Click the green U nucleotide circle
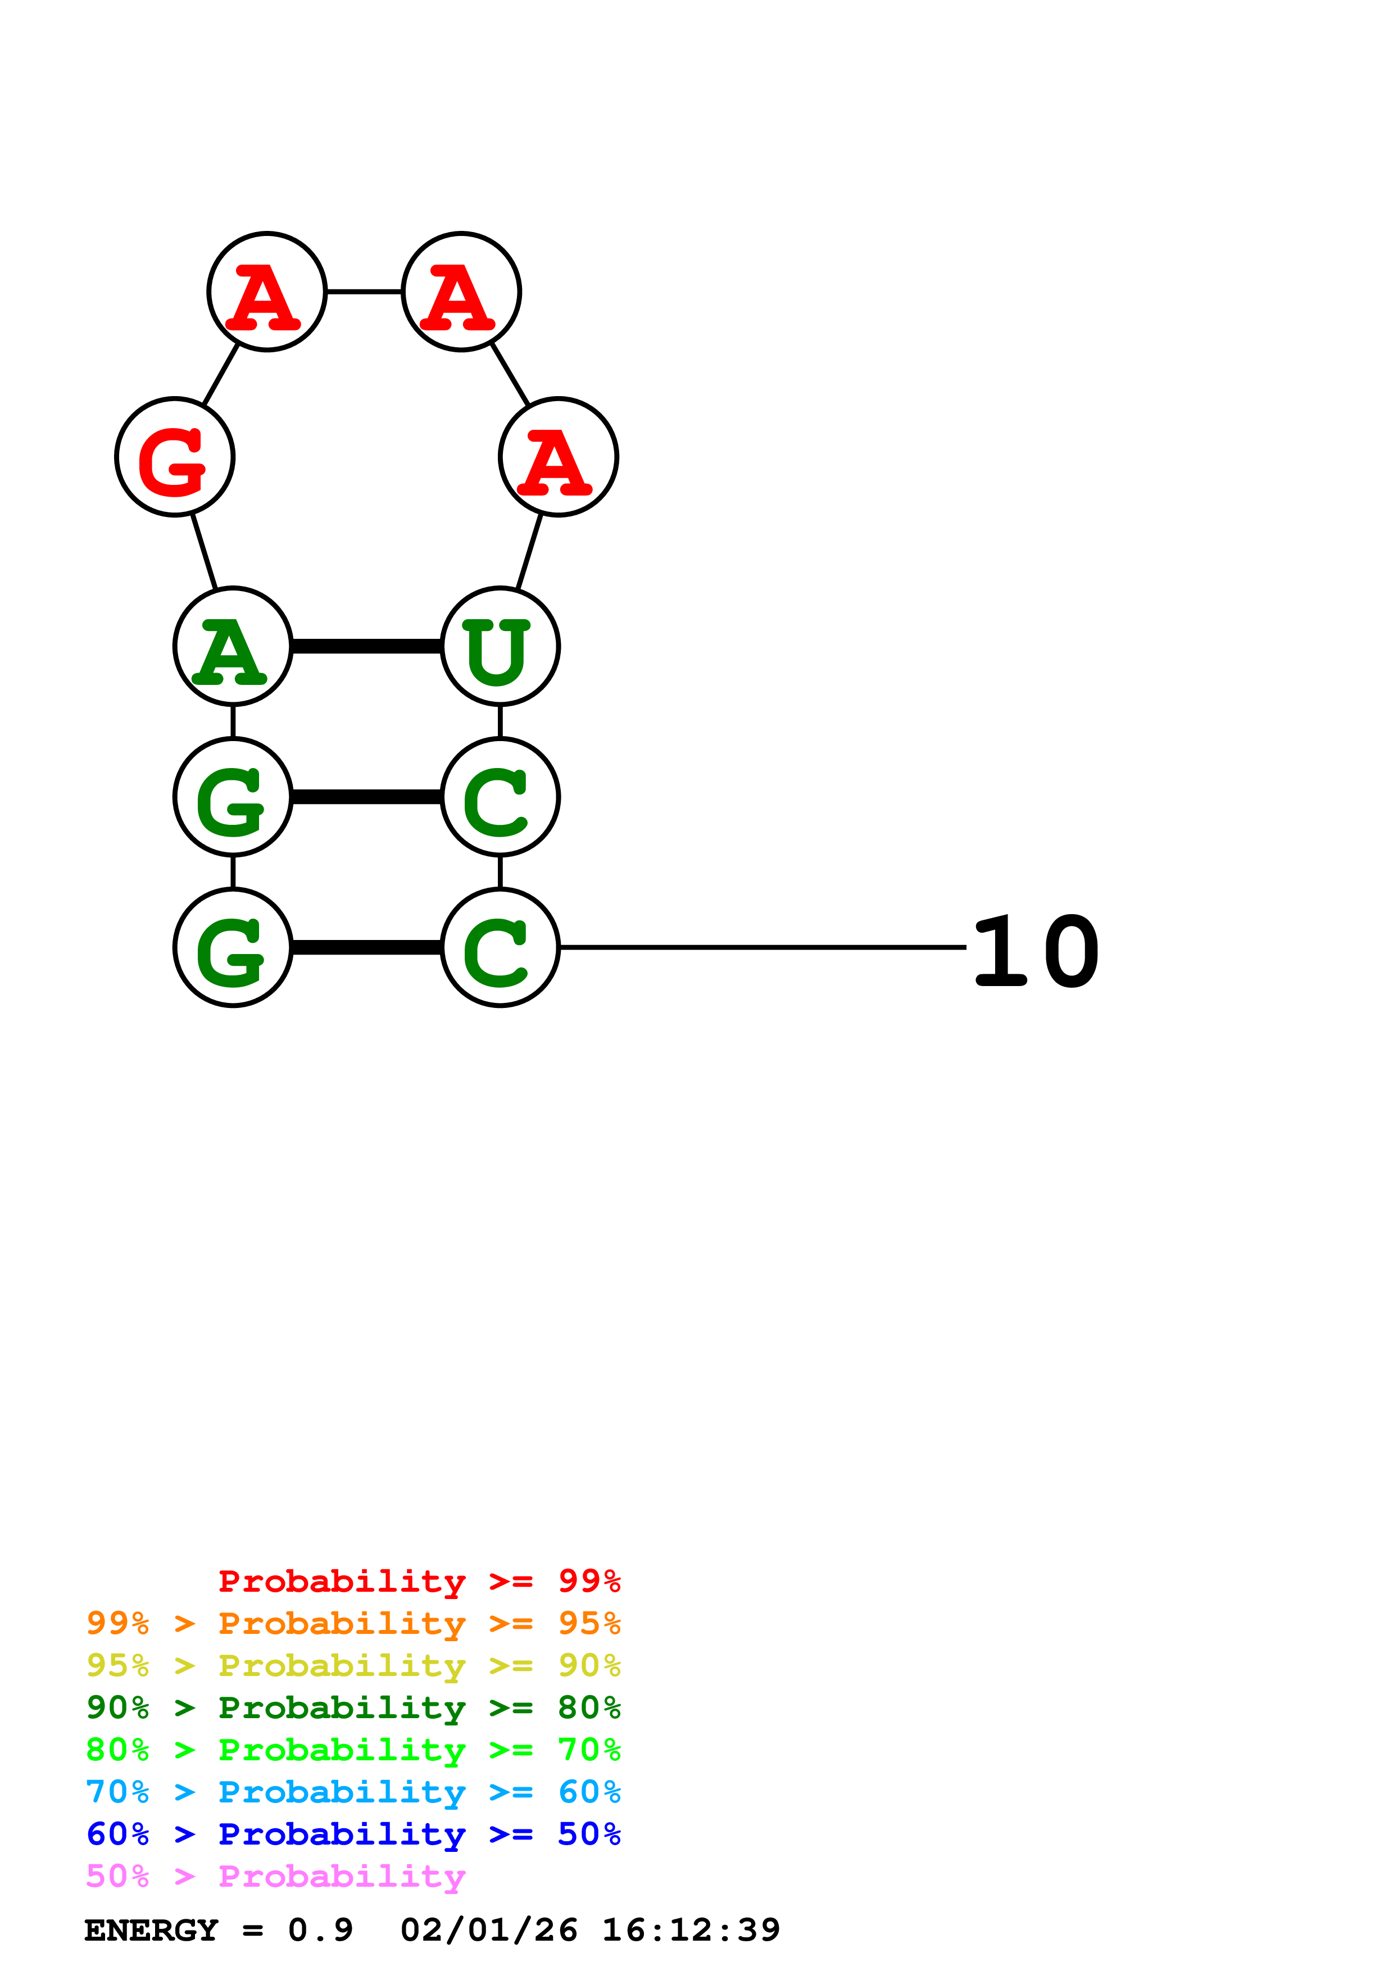pos(500,646)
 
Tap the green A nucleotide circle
pos(233,646)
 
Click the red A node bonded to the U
pos(558,457)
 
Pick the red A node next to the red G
pos(267,292)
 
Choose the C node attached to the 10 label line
pos(500,948)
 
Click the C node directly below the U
pos(500,797)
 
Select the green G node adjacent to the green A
pos(233,797)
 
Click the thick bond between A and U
pos(366,646)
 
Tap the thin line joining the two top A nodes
pos(364,292)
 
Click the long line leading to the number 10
pos(762,948)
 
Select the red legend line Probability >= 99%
pos(419,1581)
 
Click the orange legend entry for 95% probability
pos(353,1623)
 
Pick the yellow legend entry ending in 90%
pos(353,1665)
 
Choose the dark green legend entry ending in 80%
pos(353,1707)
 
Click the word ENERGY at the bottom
pos(151,1930)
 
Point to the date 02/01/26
pos(488,1930)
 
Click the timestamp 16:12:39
pos(691,1930)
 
